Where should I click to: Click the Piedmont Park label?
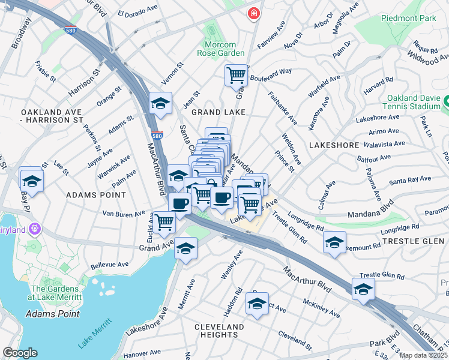(408, 18)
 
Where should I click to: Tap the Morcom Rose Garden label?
(220, 48)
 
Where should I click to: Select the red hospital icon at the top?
(255, 13)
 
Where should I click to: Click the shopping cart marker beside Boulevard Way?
(237, 76)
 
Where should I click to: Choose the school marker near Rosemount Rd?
(334, 242)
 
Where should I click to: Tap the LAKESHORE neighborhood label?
(334, 145)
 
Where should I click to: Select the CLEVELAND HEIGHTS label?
(219, 331)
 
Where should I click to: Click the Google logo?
(20, 353)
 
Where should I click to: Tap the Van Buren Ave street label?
(124, 213)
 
